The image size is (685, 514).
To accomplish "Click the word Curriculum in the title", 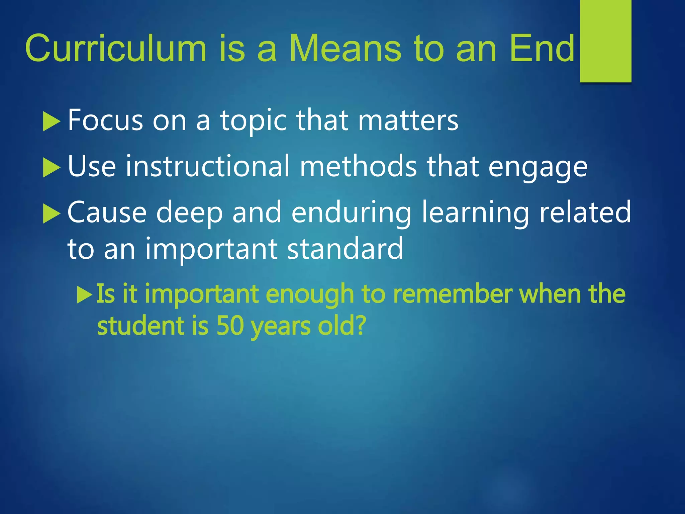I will pyautogui.click(x=116, y=49).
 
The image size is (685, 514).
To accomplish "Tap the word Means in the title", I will pyautogui.click(x=345, y=49).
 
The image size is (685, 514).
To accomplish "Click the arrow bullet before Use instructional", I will pyautogui.click(x=51, y=167).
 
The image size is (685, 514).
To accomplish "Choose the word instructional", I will pyautogui.click(x=207, y=166).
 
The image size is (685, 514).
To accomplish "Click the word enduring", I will pyautogui.click(x=351, y=213).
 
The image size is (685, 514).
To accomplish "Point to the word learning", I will pyautogui.click(x=475, y=213).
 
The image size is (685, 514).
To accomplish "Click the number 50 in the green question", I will pyautogui.click(x=230, y=326).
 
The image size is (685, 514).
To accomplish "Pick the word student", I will pyautogui.click(x=141, y=326).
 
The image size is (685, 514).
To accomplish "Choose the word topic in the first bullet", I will pyautogui.click(x=253, y=120).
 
